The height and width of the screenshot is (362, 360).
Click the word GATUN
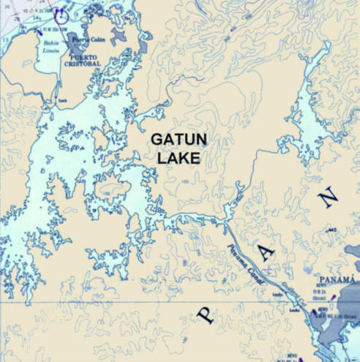[175, 140]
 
